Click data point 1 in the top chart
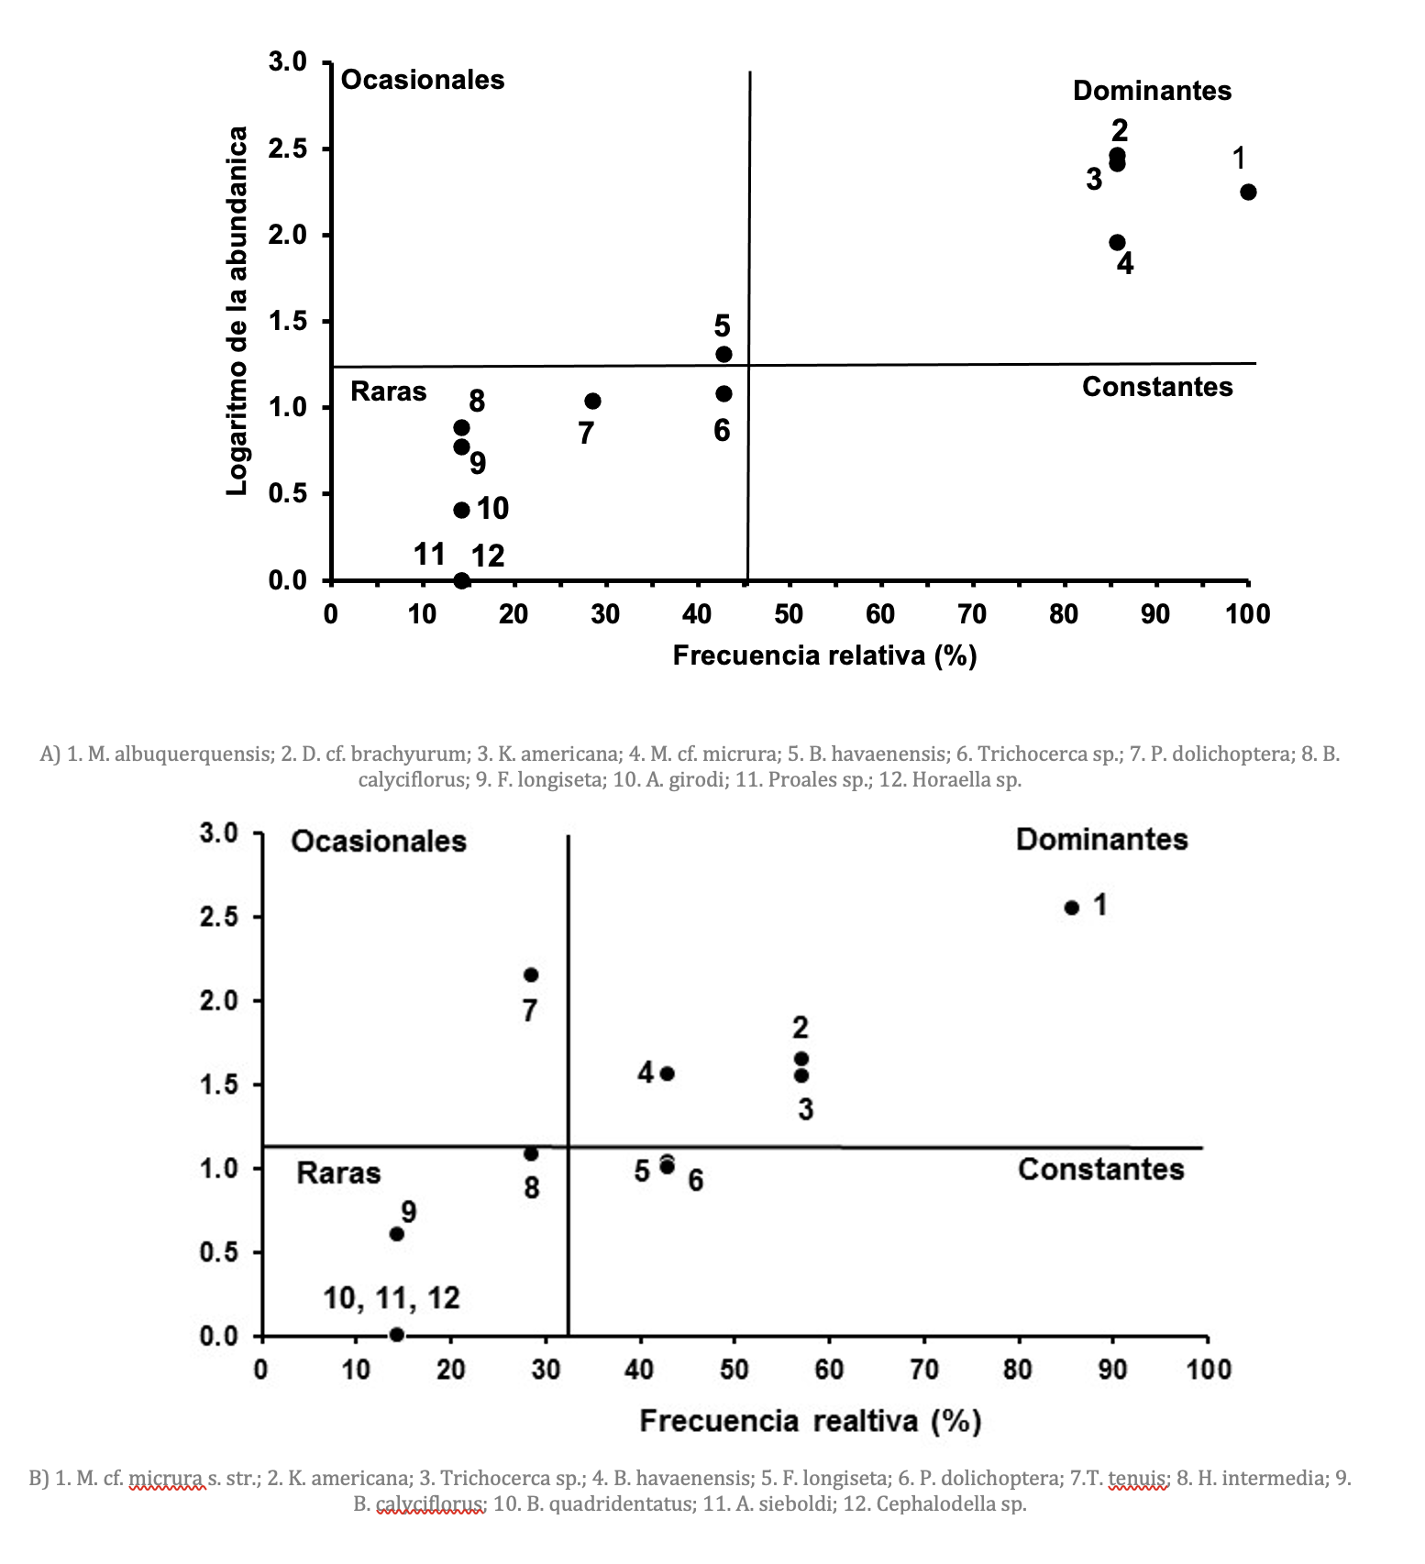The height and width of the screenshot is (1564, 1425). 1248,192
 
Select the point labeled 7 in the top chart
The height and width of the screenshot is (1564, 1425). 592,402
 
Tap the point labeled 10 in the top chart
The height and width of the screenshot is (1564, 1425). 461,510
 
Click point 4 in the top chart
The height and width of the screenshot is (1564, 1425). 1117,242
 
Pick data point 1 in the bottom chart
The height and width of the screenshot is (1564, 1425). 1071,908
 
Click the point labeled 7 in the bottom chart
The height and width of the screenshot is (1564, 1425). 531,975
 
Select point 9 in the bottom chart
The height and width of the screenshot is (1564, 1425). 397,1234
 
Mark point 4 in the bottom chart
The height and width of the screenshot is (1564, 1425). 668,1074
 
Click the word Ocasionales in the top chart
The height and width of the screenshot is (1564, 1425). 423,80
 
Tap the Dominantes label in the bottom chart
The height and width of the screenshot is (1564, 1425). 1101,840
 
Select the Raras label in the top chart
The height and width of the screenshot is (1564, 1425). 389,392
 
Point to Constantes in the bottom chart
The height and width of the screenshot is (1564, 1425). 1100,1170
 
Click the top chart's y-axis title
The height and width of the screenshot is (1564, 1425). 237,312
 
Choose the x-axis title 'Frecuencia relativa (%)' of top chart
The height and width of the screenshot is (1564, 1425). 824,655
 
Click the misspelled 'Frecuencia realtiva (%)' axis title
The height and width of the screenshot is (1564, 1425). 811,1421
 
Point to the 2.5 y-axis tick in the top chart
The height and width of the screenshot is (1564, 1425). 287,149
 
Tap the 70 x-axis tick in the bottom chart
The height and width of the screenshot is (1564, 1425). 924,1371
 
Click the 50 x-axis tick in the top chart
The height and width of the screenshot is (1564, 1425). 789,614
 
